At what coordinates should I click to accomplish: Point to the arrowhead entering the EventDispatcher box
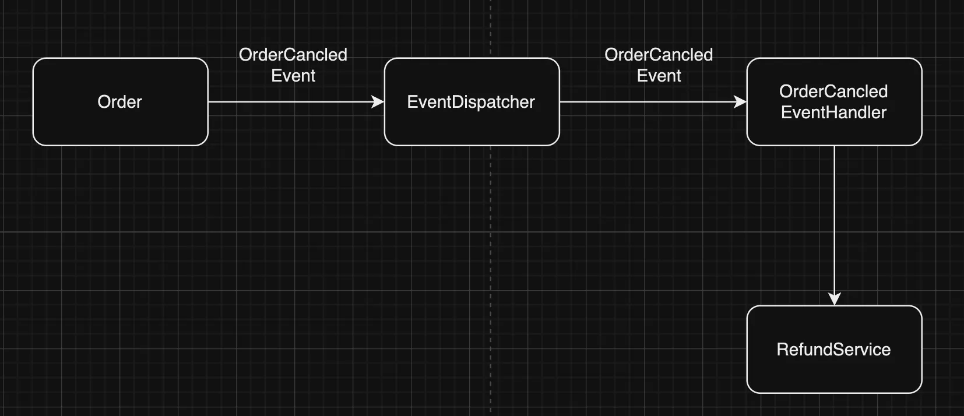[x=378, y=102]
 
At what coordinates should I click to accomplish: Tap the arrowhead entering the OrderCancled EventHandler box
[x=741, y=102]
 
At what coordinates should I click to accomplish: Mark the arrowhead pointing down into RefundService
[x=835, y=299]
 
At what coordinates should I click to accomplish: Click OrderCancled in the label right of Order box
[x=293, y=55]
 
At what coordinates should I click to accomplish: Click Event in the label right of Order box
[x=293, y=76]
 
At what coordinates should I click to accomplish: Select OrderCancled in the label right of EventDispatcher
[x=659, y=55]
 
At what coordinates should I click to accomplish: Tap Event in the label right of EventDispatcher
[x=659, y=76]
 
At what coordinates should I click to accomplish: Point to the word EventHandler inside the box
[x=833, y=112]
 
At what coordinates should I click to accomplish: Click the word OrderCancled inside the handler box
[x=833, y=91]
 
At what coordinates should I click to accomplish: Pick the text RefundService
[x=833, y=350]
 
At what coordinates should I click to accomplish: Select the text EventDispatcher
[x=471, y=102]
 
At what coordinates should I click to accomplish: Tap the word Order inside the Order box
[x=119, y=102]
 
